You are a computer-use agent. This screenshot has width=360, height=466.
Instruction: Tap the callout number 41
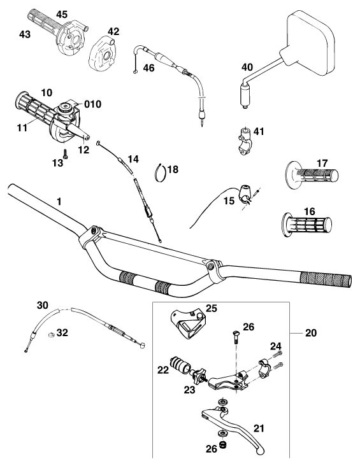259,131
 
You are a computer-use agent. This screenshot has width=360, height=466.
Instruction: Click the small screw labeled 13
66,154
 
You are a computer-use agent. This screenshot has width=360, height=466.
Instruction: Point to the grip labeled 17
311,175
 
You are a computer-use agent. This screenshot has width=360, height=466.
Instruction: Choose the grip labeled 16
306,224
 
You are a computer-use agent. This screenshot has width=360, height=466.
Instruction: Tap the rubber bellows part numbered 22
180,364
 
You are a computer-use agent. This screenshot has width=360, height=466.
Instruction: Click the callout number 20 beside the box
311,333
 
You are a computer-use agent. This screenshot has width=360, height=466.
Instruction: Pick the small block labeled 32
51,335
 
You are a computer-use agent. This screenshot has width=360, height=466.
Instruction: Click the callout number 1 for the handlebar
59,202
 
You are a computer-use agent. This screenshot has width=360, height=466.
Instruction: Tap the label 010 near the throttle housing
93,104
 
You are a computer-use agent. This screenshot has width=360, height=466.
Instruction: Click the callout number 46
148,67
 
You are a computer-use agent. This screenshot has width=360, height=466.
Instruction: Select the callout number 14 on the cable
133,159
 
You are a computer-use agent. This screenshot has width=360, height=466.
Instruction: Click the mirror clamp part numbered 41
245,141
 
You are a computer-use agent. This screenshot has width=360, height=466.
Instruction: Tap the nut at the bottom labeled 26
222,445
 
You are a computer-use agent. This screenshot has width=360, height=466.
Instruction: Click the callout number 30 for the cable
43,305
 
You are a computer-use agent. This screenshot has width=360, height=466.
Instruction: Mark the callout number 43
25,34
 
